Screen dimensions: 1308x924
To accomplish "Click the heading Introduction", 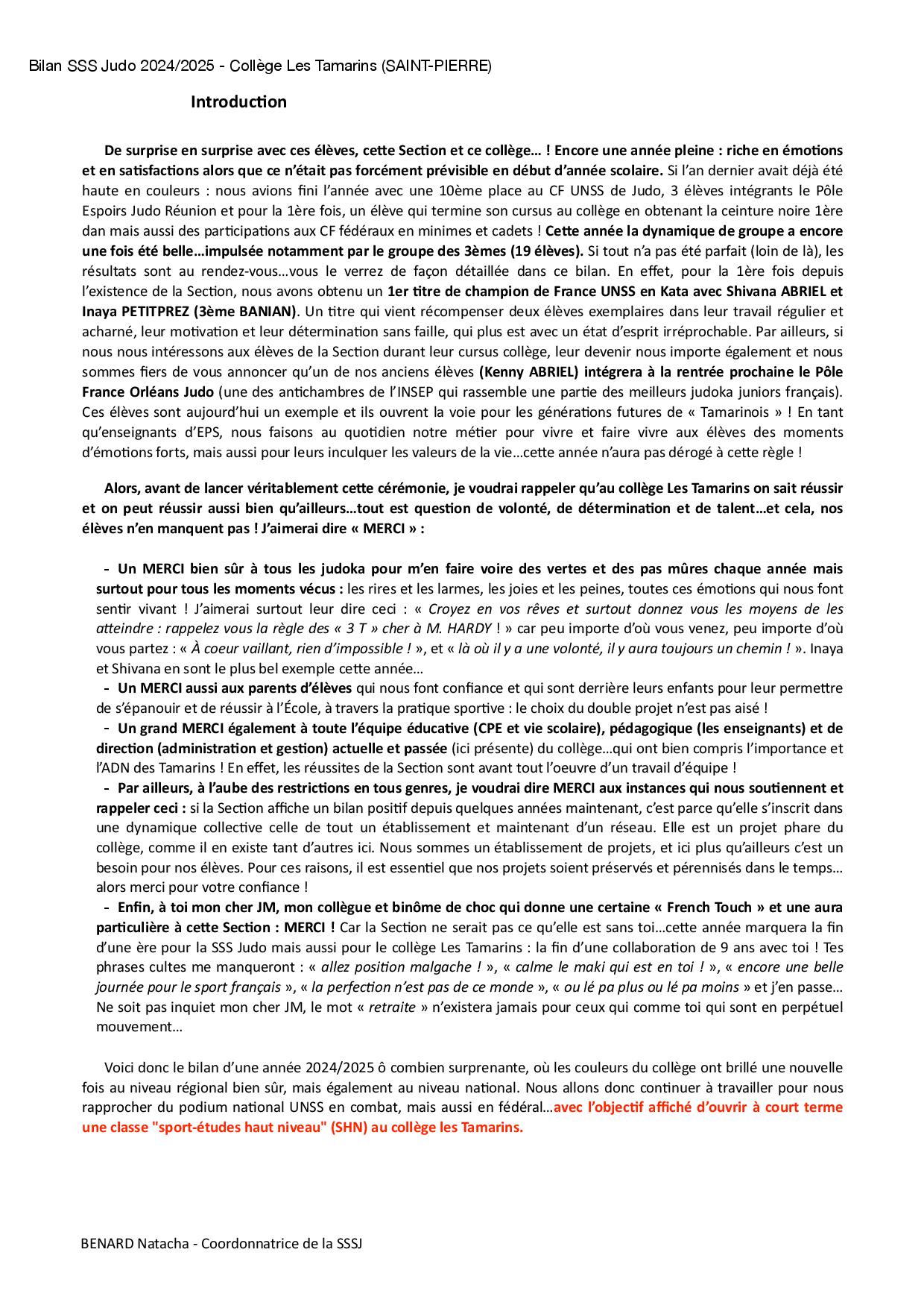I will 238,102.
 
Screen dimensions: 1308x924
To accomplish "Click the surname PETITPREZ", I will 158,311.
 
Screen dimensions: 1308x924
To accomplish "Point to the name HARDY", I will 471,629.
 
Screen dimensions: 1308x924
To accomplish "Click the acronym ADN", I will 110,768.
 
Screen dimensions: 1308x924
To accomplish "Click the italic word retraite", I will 392,1007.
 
